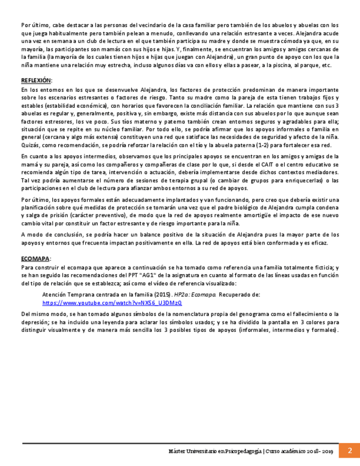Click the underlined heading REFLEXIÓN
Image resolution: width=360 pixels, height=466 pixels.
[36, 80]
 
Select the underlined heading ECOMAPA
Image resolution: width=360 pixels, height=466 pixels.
[35, 258]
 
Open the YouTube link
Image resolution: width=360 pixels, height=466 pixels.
[112, 303]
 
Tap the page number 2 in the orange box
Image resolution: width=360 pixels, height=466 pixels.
[349, 450]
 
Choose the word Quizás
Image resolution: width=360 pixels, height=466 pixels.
[31, 145]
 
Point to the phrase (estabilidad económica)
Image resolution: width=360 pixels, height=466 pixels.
[78, 104]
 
